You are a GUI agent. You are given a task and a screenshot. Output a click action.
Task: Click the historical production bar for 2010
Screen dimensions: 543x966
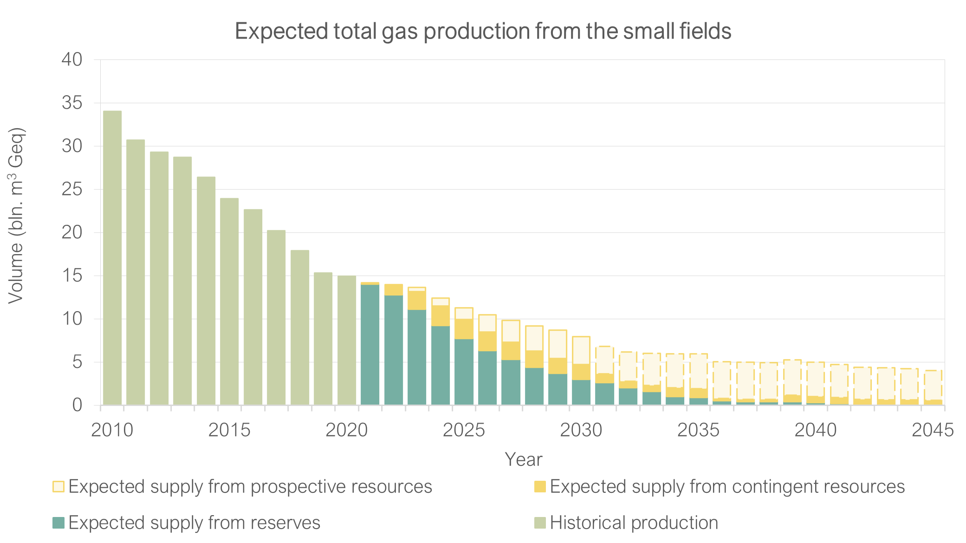coord(112,258)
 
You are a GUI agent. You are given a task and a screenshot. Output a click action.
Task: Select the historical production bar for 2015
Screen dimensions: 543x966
coord(229,302)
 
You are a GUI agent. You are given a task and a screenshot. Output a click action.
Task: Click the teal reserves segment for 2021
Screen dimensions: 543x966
coord(370,345)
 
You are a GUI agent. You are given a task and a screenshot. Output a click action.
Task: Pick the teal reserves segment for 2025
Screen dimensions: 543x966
coord(464,372)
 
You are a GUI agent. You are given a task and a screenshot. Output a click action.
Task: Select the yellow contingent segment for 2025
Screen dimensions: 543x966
coord(464,329)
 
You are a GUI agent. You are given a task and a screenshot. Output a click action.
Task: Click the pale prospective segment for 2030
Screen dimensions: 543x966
coord(581,350)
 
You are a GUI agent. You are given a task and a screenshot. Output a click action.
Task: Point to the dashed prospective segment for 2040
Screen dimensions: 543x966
coord(816,379)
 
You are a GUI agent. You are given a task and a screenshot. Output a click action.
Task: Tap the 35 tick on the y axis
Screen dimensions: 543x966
coord(72,103)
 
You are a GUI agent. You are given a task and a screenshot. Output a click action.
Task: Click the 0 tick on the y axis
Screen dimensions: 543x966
coord(77,405)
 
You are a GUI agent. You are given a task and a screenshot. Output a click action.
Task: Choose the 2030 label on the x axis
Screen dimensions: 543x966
coord(581,430)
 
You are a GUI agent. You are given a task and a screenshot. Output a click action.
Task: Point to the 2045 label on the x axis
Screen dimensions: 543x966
coord(933,430)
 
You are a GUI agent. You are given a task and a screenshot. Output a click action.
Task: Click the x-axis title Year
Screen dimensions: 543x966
coord(523,459)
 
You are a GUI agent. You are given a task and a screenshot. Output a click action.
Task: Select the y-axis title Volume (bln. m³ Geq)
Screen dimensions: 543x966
coord(16,216)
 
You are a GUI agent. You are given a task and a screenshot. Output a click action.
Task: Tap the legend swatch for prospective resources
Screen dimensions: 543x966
coord(58,486)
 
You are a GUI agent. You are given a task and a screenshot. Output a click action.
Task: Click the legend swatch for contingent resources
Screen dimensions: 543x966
coord(540,486)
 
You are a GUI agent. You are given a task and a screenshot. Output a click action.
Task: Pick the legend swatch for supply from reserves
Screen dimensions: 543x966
coord(58,523)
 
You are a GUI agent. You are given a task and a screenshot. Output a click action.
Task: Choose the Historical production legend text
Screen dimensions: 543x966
coord(634,523)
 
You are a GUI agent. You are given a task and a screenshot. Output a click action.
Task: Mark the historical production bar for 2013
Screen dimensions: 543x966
coord(182,281)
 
